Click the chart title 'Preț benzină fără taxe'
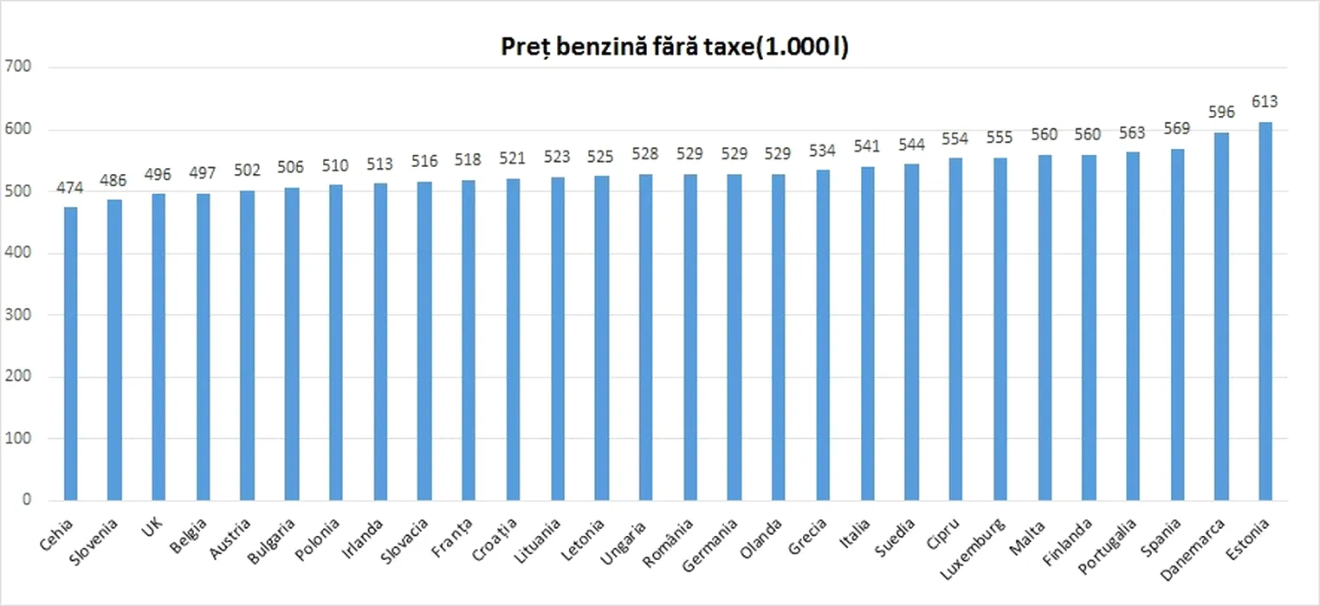(x=674, y=48)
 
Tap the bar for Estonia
(x=1265, y=312)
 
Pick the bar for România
(x=690, y=338)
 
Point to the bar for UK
(x=159, y=346)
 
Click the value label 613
(x=1265, y=101)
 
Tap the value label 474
(x=70, y=187)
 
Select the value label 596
(x=1221, y=112)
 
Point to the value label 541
(x=867, y=145)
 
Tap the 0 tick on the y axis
(x=26, y=500)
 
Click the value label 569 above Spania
(x=1177, y=128)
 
